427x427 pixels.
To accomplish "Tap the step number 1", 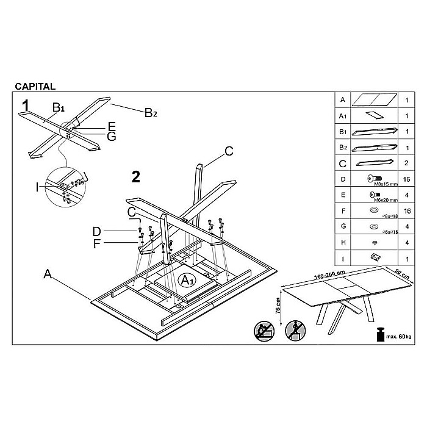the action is [26, 106].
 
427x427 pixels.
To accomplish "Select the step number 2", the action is [136, 177].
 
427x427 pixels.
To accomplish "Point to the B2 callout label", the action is [151, 112].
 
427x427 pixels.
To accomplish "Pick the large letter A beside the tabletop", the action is [47, 274].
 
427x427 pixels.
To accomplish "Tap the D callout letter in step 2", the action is [96, 232].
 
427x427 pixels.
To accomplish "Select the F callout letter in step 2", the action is [96, 244].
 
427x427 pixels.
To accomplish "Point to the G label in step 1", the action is [111, 136].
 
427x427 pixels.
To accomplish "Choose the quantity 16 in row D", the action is [406, 179].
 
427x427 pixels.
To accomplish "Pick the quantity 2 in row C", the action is [406, 163].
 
